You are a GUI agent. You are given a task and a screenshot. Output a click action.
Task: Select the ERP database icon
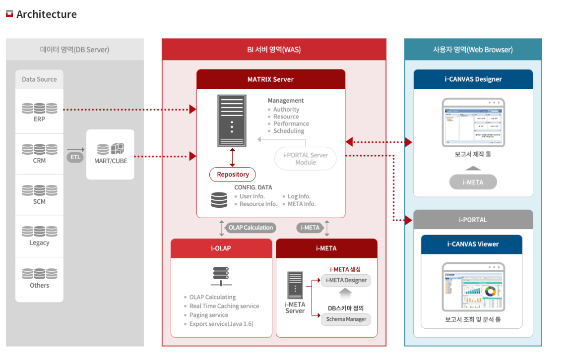(40, 108)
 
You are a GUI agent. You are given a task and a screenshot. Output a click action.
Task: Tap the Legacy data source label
(39, 242)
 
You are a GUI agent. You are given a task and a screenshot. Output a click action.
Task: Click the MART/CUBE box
(110, 154)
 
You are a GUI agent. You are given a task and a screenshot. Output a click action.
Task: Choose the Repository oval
(233, 175)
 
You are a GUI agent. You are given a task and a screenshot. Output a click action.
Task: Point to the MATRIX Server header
(270, 79)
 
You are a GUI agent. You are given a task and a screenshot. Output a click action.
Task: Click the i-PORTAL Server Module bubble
(306, 159)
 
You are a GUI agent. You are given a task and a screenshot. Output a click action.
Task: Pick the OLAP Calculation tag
(251, 228)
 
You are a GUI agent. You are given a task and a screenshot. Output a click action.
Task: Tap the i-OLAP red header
(221, 248)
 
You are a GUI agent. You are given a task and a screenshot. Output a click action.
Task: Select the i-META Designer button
(346, 280)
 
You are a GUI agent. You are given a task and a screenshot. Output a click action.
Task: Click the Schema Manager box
(346, 319)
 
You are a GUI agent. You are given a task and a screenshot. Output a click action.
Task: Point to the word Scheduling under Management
(289, 131)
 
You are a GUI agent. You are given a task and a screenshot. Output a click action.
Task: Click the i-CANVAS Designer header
(473, 79)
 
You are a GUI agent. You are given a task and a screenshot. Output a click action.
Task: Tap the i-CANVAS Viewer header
(473, 244)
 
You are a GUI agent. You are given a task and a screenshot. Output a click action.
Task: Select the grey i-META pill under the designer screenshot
(473, 182)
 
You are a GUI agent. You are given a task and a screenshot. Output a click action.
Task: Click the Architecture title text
(47, 14)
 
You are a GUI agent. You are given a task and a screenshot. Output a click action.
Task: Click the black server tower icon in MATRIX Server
(232, 120)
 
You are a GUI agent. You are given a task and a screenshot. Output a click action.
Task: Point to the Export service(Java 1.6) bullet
(221, 324)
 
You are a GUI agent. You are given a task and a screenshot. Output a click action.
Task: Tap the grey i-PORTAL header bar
(473, 220)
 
